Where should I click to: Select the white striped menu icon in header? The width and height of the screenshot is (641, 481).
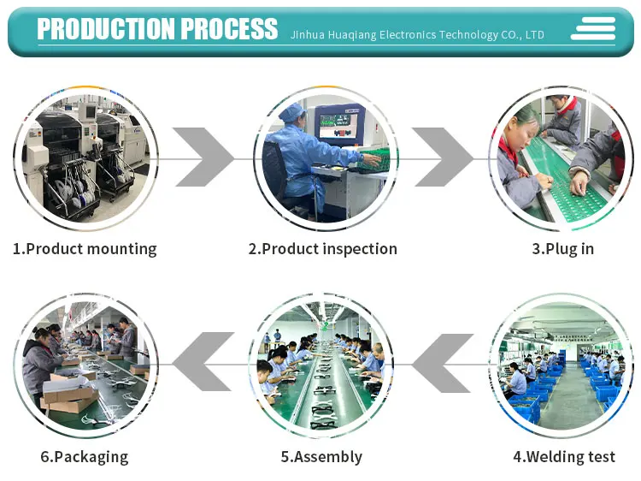pos(593,29)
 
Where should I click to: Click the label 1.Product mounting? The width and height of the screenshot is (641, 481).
pos(85,249)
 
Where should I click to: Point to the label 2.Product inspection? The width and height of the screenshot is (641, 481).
pos(322,249)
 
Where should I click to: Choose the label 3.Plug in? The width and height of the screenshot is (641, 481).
pos(562,249)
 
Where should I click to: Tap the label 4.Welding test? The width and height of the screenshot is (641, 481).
pos(563,456)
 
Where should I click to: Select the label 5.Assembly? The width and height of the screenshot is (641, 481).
pos(321,456)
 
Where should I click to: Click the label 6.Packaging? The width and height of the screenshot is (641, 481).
pos(84,456)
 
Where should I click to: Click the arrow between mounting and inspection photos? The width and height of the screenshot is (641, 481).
pos(204,157)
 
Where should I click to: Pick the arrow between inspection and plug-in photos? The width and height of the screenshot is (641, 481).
pos(443,157)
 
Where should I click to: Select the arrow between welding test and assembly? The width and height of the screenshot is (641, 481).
pos(443,363)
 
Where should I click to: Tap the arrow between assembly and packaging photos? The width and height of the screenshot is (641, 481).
pos(203,363)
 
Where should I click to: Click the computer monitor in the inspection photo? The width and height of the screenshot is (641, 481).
pos(339,125)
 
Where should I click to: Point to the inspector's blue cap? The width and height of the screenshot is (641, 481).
pos(292,111)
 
